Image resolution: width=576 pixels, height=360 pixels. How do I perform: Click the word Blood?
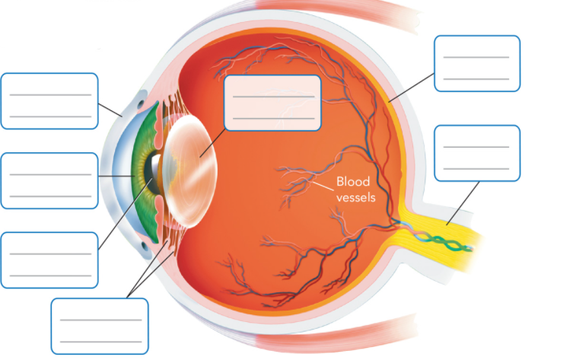(x=353, y=183)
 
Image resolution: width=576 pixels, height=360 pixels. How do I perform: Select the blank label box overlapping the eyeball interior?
(x=272, y=104)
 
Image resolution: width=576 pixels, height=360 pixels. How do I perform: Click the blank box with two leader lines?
(x=100, y=326)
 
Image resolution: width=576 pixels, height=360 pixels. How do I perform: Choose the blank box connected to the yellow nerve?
(x=477, y=153)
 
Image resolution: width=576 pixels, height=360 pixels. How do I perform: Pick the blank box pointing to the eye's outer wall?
(x=477, y=63)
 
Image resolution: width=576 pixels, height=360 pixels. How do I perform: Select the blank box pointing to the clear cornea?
(x=49, y=100)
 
